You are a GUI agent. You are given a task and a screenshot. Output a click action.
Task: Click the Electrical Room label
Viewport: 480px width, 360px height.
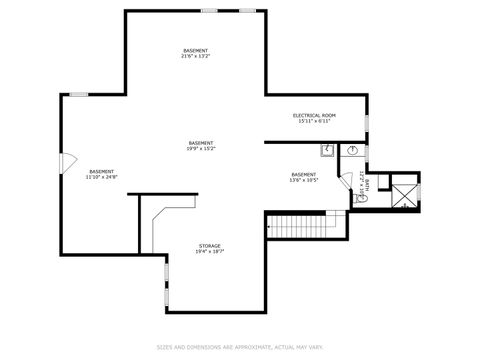point(314,115)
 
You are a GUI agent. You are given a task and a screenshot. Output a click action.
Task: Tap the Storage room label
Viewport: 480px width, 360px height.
point(209,245)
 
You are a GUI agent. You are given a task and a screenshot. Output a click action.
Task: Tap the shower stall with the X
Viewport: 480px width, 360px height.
point(403,194)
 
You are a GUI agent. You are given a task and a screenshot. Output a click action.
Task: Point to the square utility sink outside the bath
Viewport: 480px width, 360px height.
point(327,151)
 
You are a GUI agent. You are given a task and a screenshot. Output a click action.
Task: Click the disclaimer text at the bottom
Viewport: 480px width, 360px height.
point(239,347)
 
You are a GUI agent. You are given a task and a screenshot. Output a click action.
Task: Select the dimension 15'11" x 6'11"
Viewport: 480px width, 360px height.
point(314,121)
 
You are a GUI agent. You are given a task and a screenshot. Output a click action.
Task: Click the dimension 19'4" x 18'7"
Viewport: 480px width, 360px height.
point(209,251)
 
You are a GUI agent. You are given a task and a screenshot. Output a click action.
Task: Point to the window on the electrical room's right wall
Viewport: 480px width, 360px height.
point(367,122)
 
